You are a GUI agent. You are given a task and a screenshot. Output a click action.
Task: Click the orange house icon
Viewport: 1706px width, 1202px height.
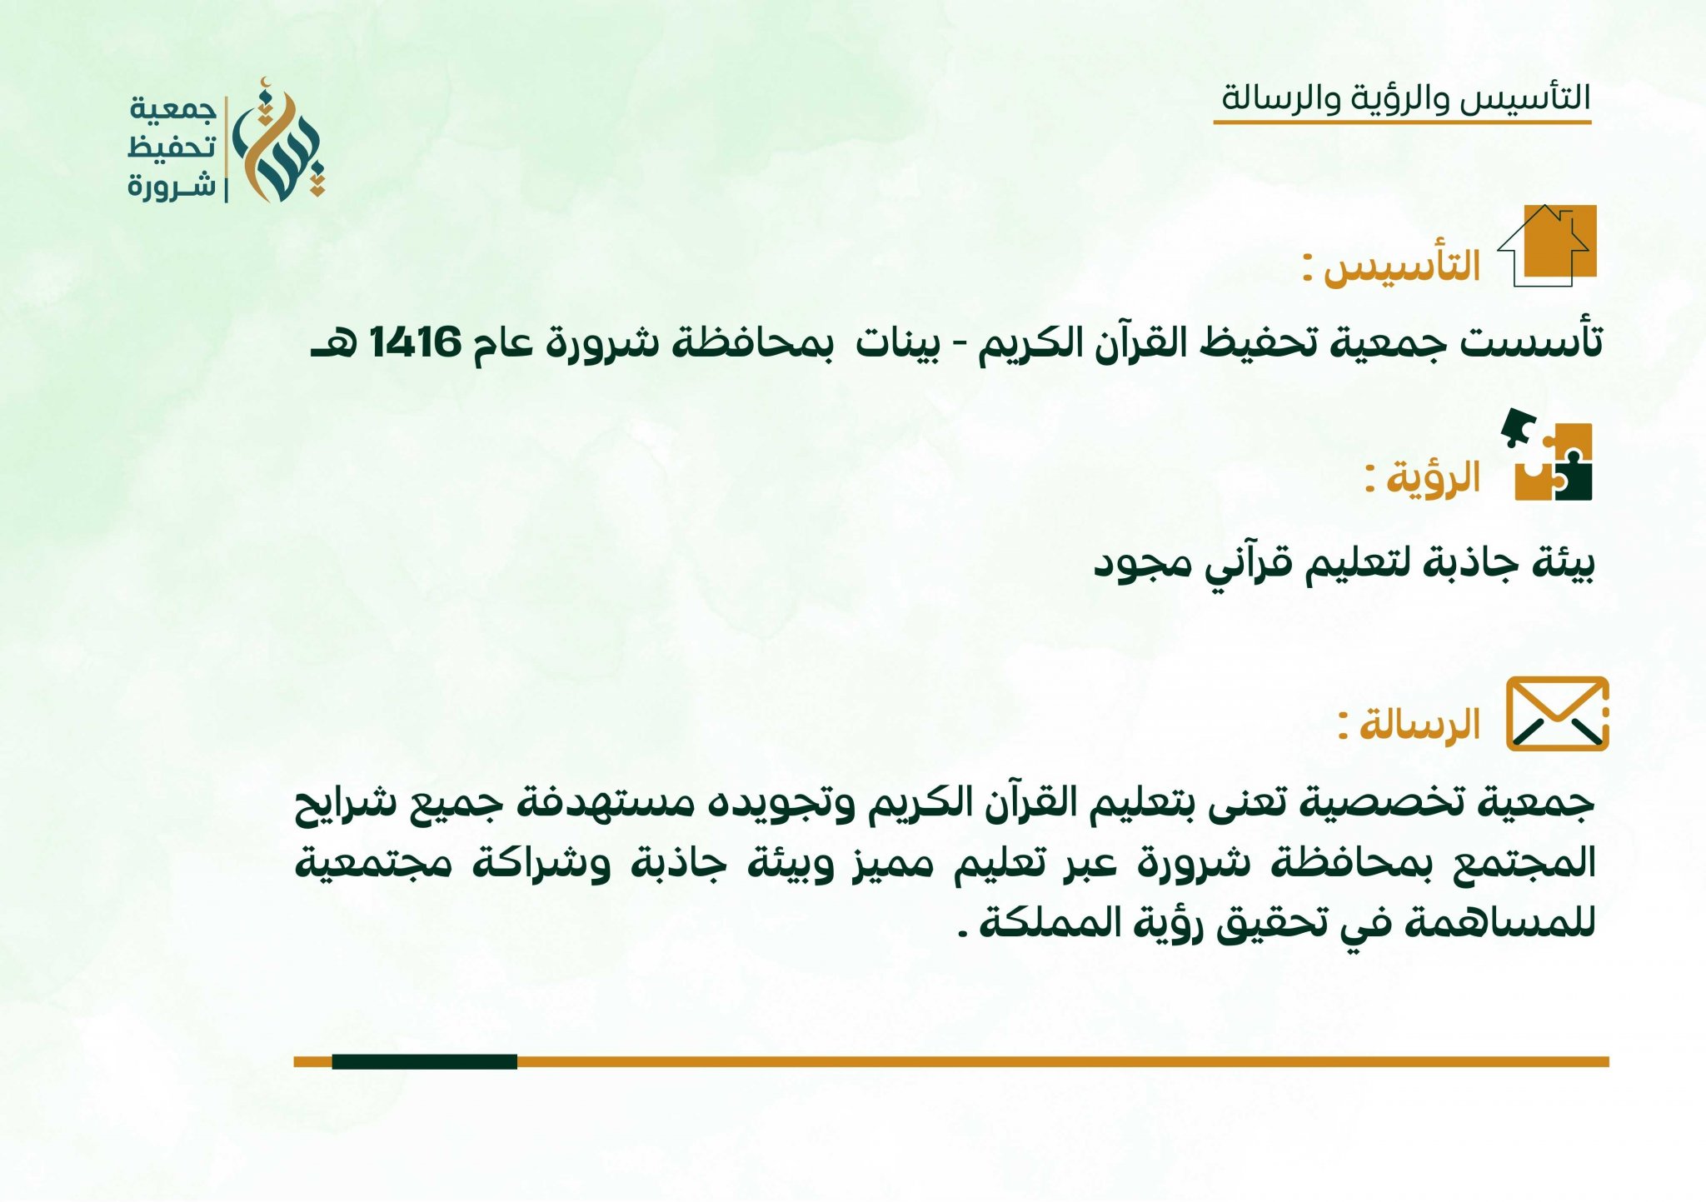click(1548, 245)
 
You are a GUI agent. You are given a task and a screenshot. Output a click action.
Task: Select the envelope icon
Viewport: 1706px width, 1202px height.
click(1557, 714)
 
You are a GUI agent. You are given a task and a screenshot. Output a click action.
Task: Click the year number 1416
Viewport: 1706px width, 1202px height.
click(415, 342)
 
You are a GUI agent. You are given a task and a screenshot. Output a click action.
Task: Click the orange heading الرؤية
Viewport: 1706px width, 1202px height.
click(1433, 478)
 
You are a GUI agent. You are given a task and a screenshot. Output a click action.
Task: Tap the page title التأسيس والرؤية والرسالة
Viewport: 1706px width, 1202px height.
click(1405, 97)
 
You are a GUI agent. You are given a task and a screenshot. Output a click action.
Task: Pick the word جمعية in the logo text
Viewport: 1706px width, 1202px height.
click(172, 109)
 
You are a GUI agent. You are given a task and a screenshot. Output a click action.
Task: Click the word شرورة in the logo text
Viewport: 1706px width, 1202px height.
click(172, 185)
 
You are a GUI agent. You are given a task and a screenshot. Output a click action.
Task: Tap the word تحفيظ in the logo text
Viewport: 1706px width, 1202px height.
click(172, 147)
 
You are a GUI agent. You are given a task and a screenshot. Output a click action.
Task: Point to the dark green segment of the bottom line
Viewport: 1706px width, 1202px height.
click(424, 1061)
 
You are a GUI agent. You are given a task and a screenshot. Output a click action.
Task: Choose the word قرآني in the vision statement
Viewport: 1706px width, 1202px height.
click(1246, 563)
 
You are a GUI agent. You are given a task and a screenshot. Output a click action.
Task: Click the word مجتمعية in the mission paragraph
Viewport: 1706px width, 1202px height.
click(375, 863)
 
